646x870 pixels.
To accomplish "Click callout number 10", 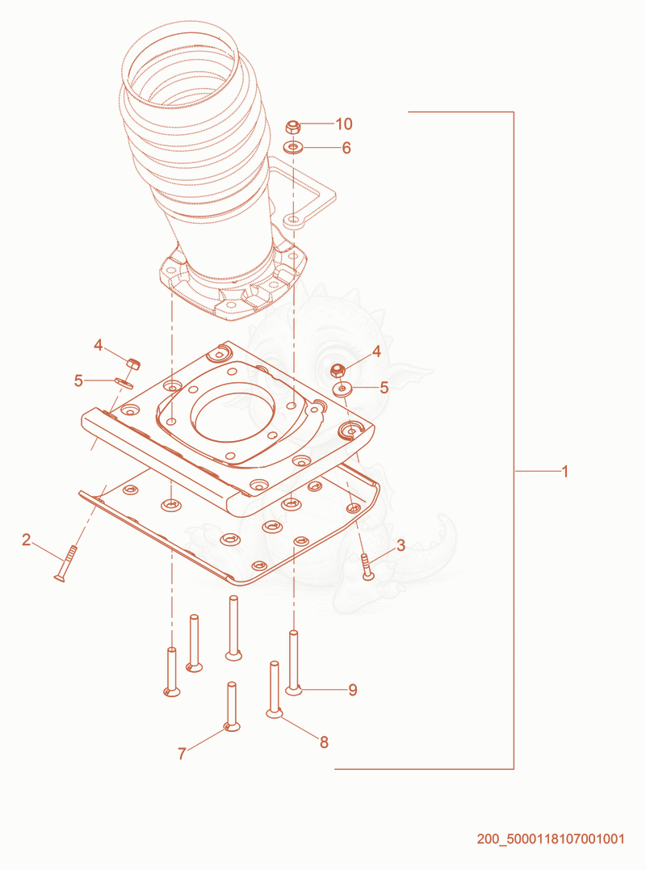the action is (344, 124).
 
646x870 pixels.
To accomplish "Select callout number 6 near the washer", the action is (346, 148).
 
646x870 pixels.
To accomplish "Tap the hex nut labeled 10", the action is (293, 128).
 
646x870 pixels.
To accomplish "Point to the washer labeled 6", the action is (293, 148).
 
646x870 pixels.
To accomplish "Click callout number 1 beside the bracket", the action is (565, 472).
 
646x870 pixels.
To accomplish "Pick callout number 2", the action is (27, 540).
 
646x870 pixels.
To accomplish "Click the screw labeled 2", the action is (66, 563).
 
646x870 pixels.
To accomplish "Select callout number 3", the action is (401, 545).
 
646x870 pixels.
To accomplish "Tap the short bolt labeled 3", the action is (367, 566).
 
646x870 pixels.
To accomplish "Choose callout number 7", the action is (182, 754).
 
